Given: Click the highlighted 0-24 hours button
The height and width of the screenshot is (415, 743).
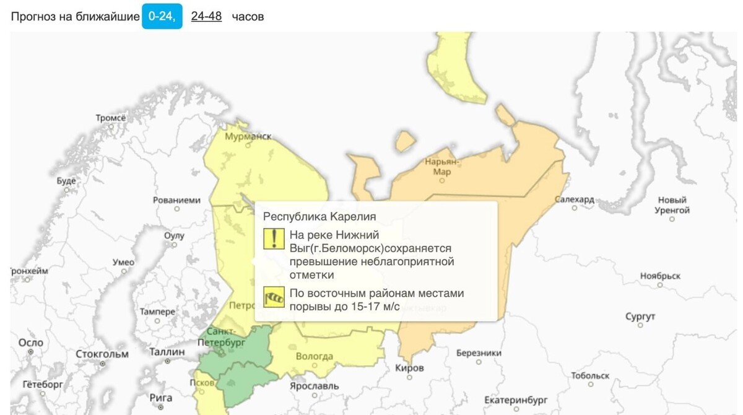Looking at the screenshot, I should click(x=162, y=17).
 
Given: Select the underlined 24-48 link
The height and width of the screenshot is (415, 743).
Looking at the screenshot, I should click(x=206, y=17).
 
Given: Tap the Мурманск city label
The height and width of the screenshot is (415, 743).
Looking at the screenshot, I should click(x=248, y=136).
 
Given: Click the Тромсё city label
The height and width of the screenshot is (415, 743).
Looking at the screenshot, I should click(x=110, y=118).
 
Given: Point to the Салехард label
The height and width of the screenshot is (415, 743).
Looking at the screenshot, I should click(x=574, y=200).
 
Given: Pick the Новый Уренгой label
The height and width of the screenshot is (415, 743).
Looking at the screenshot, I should click(x=672, y=205).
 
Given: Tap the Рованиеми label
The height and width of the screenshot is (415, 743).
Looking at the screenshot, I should click(x=177, y=201).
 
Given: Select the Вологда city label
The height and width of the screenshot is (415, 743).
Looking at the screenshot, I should click(x=314, y=357).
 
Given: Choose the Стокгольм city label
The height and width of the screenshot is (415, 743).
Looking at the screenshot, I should click(x=102, y=354).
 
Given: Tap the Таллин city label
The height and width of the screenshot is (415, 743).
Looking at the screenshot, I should click(x=167, y=352).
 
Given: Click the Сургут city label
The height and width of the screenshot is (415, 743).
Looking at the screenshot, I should click(x=640, y=317).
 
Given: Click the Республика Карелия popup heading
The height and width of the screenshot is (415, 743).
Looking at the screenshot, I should click(x=319, y=216).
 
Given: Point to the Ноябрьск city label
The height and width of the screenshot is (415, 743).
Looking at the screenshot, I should click(x=660, y=276).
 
